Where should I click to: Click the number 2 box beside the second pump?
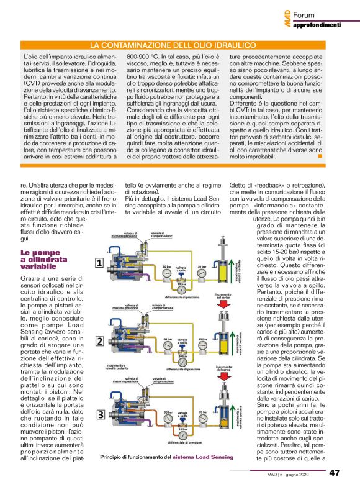click(99, 341)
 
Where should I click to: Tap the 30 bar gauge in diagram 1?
click(167, 268)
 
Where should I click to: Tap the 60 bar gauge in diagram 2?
click(167, 340)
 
